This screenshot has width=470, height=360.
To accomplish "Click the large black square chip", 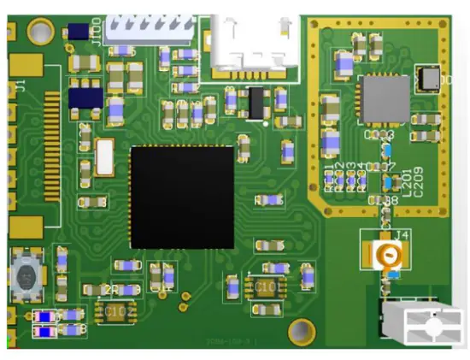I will (182, 198).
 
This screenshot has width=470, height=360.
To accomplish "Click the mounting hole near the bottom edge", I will (301, 329).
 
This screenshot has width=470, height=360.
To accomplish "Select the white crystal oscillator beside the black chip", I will (105, 157).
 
